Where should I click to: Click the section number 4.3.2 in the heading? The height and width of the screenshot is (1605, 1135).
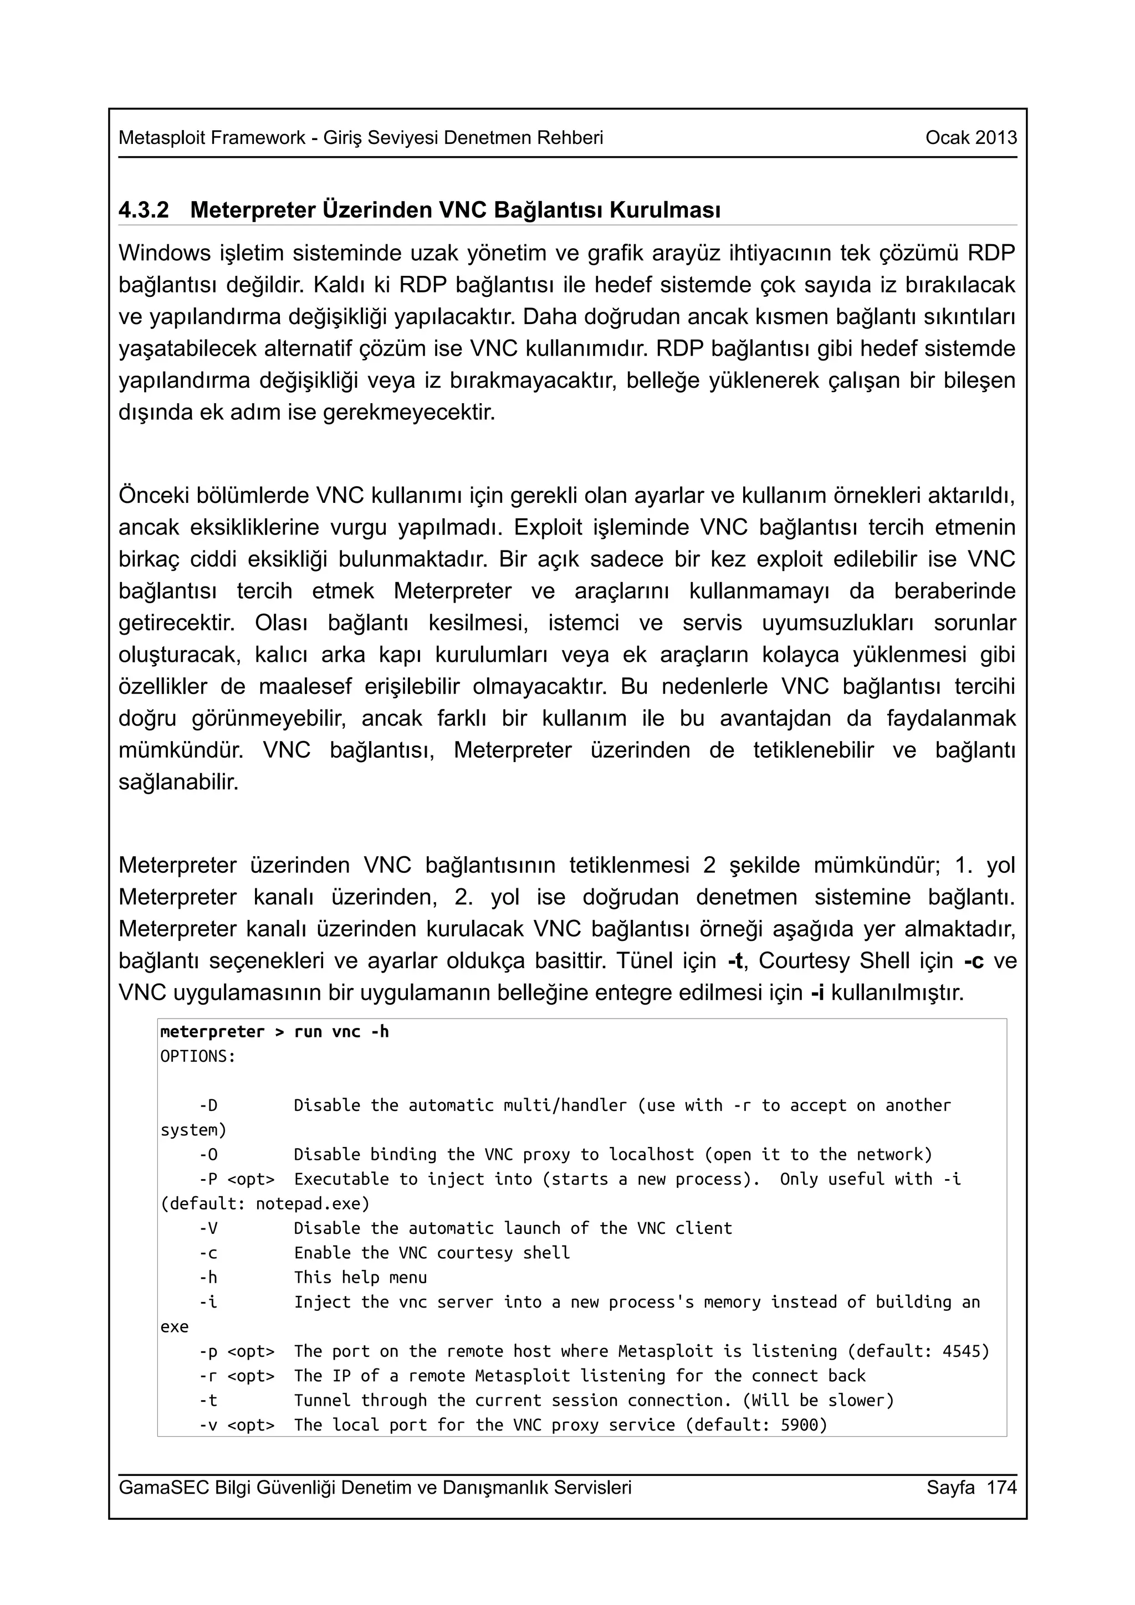pos(144,210)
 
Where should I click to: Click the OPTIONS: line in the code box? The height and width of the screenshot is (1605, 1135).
pos(198,1056)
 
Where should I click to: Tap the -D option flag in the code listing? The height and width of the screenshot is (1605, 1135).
pos(208,1105)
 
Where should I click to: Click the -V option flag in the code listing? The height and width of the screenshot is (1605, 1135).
pos(208,1228)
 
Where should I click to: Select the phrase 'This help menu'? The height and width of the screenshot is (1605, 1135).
pos(360,1277)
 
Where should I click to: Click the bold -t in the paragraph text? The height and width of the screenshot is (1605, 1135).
pos(734,961)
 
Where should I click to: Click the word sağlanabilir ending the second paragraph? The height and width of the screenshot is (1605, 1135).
pos(178,782)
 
